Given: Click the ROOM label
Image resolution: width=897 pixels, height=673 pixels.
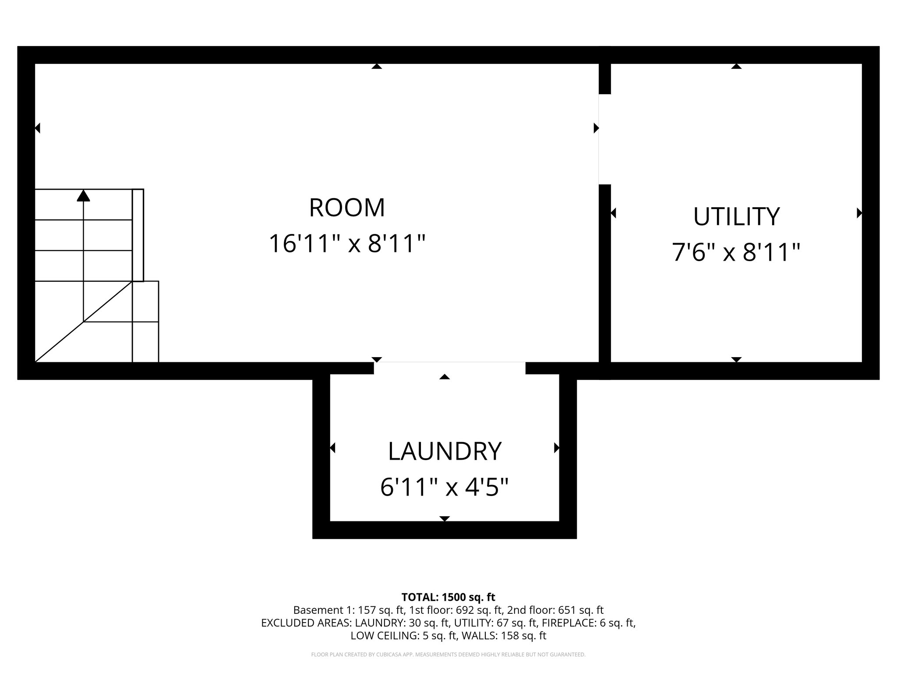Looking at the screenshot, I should coord(347,208).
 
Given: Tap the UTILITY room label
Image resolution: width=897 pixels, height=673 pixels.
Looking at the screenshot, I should coord(736,216).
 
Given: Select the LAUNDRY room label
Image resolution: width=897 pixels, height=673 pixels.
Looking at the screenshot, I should coord(445,451).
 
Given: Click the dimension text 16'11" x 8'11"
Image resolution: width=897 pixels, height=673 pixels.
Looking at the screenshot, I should coord(347,244).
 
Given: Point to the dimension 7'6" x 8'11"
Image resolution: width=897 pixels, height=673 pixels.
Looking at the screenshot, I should coord(736,252).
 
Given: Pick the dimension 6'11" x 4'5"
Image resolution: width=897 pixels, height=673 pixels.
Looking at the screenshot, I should coord(445,487).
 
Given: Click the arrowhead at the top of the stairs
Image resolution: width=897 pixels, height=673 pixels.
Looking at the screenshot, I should coord(83,195).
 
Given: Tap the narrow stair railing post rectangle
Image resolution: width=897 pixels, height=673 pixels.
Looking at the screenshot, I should coord(138,235).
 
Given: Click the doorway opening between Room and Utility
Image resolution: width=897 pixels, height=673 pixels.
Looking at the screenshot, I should coord(604,139).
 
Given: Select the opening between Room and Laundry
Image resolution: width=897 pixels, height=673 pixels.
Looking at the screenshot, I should coord(449,368).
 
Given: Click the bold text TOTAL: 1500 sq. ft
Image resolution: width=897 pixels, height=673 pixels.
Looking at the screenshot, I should coord(448,597).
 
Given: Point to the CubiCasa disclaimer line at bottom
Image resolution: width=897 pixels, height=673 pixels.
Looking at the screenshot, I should coord(448,655).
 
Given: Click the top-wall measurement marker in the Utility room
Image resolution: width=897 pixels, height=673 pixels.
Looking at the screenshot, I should coord(736,66).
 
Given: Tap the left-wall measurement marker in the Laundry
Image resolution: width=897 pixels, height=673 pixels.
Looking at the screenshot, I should coord(332,448).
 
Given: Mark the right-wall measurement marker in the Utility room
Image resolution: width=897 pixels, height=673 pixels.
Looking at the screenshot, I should coord(859,213).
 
